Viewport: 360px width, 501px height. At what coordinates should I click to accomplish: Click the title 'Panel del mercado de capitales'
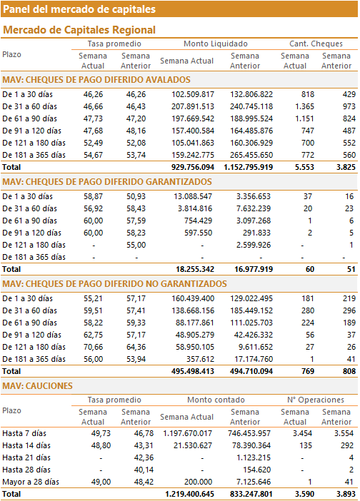point(79,9)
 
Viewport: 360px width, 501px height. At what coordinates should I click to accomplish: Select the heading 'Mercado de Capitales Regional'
point(79,30)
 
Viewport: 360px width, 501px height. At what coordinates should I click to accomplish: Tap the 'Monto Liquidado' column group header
point(216,44)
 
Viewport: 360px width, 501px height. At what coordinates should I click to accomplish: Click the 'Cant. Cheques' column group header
point(316,44)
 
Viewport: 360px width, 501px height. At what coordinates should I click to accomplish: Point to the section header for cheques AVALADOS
point(96,79)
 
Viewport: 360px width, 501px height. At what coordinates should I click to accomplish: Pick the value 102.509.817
point(193,94)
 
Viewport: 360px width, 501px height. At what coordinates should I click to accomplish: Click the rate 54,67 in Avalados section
point(93,155)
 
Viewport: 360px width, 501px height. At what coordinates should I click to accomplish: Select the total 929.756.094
point(193,167)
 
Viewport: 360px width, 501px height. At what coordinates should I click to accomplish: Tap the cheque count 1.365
point(305,106)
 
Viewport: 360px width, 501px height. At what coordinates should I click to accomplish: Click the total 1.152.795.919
point(249,167)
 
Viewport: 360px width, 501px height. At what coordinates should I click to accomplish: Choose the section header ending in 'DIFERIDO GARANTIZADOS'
point(107,182)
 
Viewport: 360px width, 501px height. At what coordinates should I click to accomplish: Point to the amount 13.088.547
point(193,196)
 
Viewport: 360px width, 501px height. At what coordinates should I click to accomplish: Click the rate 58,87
point(93,196)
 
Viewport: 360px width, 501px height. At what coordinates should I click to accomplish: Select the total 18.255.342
point(195,269)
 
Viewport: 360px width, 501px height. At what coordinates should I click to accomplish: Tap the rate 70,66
point(93,347)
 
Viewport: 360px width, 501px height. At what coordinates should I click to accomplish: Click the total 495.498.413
point(193,371)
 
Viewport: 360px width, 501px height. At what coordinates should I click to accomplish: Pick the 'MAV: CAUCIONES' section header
point(37,386)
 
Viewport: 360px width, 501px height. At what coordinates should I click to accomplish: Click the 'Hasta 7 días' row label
point(24,434)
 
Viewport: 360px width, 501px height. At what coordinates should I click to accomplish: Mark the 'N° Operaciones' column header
point(316,400)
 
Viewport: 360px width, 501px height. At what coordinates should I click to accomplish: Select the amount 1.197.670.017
point(188,434)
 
